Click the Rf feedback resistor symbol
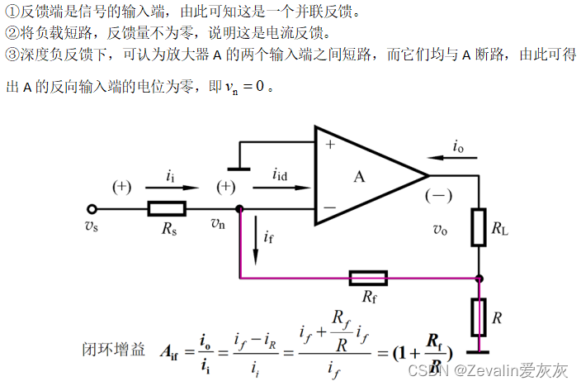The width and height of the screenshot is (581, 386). click(367, 277)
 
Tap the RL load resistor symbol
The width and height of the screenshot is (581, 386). click(479, 227)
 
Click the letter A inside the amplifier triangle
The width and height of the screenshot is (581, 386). click(359, 176)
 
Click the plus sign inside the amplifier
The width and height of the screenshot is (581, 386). click(330, 144)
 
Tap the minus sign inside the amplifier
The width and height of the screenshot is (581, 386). click(330, 207)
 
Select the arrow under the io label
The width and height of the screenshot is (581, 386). click(451, 160)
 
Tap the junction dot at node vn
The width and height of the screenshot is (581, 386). click(239, 208)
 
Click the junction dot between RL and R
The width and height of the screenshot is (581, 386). click(479, 278)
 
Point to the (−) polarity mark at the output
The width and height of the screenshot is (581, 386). click(438, 197)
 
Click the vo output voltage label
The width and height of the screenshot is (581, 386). click(440, 231)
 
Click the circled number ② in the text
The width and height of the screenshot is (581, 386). click(11, 33)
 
